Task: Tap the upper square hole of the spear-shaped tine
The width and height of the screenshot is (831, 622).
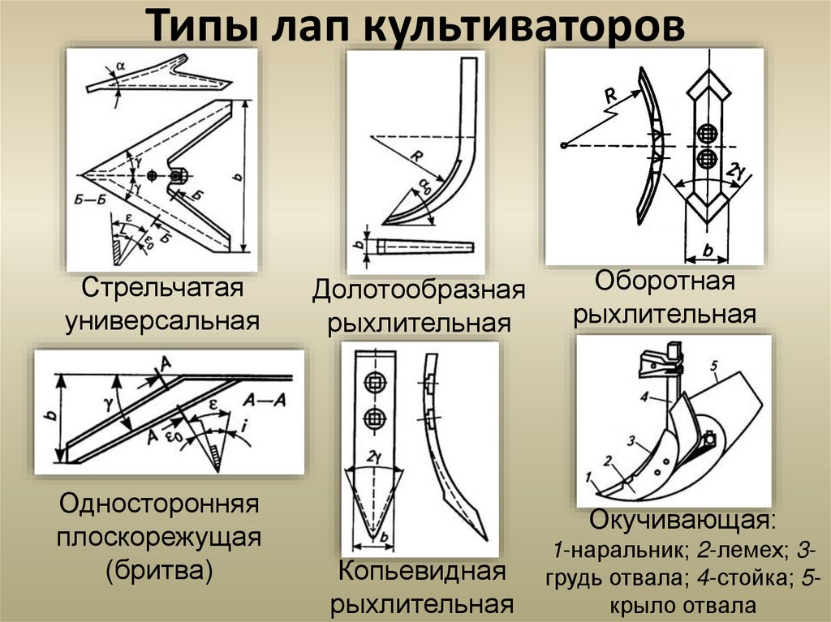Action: click(374, 381)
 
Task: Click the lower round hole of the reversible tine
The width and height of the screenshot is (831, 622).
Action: click(705, 157)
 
